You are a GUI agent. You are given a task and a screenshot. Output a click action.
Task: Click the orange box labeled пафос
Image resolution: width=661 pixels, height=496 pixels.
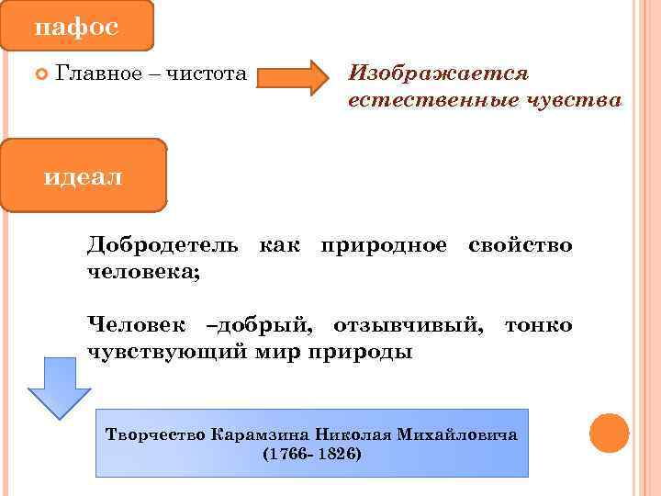77,26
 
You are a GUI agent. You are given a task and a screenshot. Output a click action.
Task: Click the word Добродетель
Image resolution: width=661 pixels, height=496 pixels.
162,246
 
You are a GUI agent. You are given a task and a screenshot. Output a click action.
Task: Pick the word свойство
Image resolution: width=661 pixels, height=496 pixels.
520,246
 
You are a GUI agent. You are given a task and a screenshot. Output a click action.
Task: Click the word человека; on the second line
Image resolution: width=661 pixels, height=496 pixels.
144,273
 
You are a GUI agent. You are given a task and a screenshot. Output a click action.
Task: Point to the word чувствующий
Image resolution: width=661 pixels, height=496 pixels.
166,352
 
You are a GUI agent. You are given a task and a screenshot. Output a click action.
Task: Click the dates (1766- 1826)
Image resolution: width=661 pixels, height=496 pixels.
312,455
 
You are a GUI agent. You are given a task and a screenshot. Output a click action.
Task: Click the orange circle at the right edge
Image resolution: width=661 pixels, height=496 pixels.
608,433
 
